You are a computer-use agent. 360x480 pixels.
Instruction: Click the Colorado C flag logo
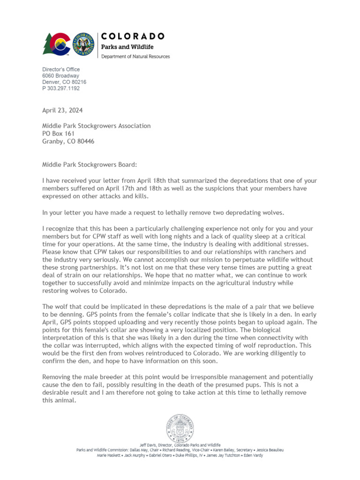[57, 44]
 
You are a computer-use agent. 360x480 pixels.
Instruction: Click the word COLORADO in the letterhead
[134, 36]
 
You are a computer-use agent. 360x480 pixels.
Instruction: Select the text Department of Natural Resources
[136, 56]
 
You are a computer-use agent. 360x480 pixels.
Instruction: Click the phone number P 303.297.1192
[61, 88]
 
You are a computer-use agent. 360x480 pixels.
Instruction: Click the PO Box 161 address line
[59, 134]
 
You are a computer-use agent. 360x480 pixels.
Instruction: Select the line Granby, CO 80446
[68, 141]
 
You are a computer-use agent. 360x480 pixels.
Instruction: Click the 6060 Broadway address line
[60, 76]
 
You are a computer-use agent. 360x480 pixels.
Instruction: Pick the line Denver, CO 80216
[64, 82]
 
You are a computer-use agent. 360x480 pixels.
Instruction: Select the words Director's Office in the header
[61, 70]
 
